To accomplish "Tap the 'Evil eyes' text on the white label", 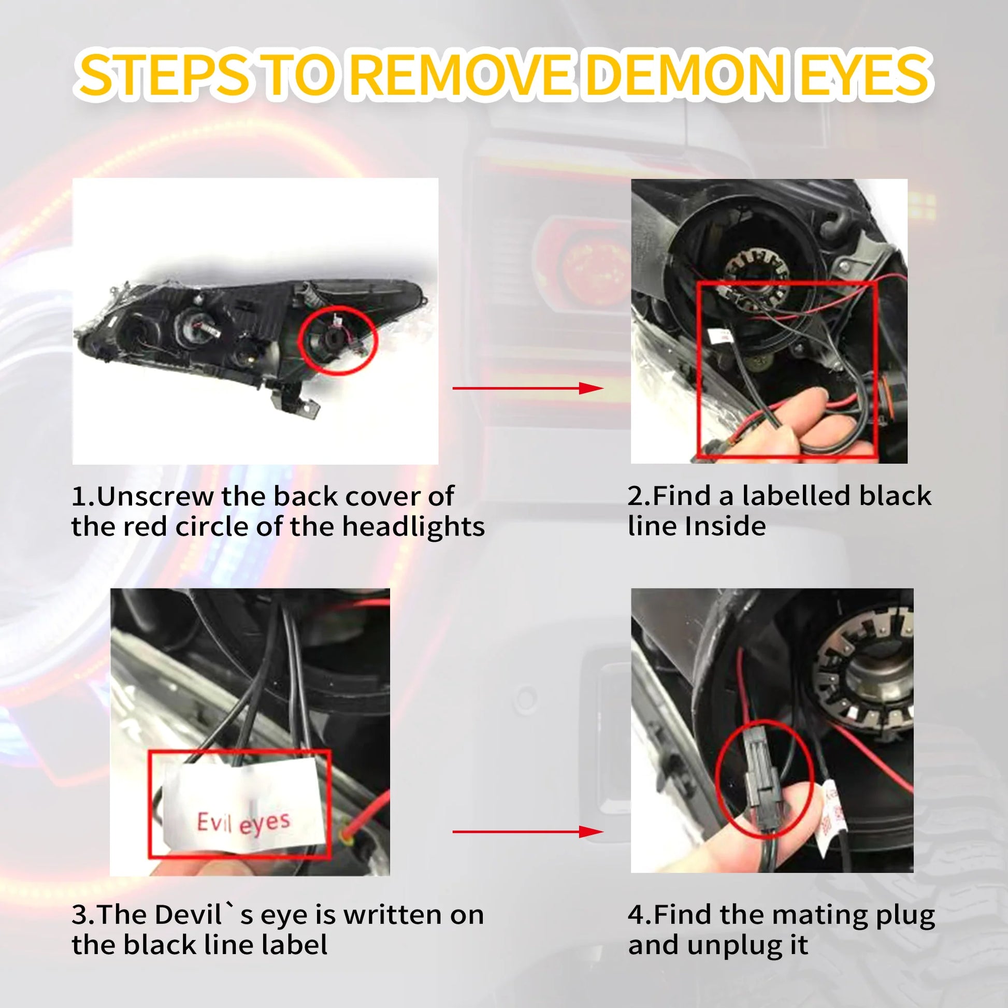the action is tap(243, 823).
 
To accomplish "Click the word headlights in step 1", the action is tap(413, 526).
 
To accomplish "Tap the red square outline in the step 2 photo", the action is tap(698, 370).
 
